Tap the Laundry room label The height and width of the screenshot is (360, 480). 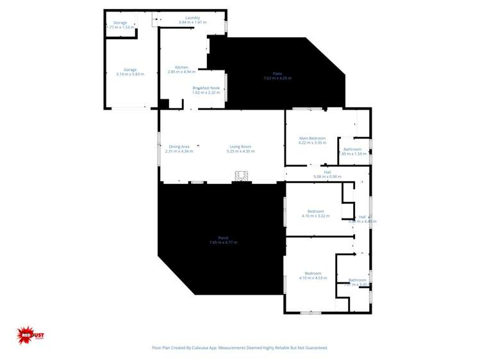click(192, 18)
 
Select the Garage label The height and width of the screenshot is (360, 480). click(130, 69)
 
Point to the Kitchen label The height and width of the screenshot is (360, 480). click(181, 67)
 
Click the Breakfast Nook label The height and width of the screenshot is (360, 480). click(206, 88)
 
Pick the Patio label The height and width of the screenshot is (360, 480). click(277, 74)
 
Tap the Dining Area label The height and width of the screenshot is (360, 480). click(179, 147)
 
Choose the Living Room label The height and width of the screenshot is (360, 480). click(240, 147)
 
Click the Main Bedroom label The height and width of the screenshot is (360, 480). click(312, 138)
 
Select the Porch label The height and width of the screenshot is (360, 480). click(223, 238)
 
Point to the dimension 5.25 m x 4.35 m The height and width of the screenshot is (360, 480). click(240, 151)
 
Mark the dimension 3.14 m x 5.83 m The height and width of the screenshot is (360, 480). click(130, 74)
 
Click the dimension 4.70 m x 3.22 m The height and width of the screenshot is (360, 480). click(315, 216)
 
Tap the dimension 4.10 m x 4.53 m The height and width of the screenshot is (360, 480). click(313, 278)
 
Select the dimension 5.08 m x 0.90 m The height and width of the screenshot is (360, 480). click(327, 176)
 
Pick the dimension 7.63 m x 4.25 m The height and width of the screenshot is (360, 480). click(277, 78)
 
